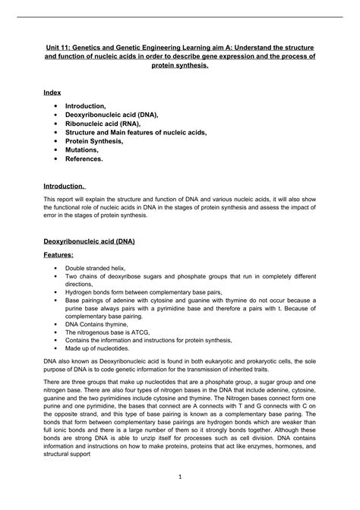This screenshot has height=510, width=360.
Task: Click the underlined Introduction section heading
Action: tap(64, 186)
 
